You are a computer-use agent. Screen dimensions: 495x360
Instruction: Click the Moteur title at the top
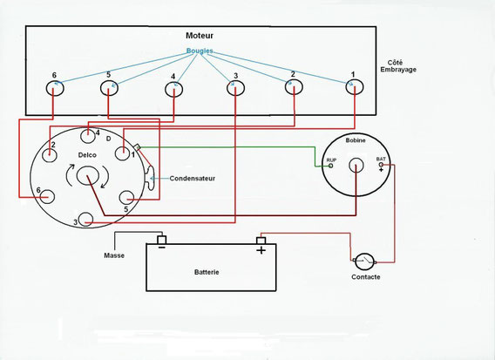(x=200, y=36)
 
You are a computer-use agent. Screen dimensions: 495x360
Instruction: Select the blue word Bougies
(x=200, y=51)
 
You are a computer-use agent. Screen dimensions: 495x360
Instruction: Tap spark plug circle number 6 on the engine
(x=55, y=88)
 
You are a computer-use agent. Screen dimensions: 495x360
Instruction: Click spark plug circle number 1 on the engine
(x=355, y=86)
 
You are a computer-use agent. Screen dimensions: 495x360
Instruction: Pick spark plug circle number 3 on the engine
(x=235, y=88)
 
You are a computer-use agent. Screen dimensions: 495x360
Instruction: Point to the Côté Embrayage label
(x=398, y=66)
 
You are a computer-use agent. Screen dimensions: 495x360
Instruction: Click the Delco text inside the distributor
(x=87, y=155)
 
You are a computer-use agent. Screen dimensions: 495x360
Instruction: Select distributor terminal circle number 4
(x=88, y=136)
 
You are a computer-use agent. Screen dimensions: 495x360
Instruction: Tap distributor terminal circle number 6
(x=47, y=197)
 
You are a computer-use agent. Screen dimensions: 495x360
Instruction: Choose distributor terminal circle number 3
(x=85, y=220)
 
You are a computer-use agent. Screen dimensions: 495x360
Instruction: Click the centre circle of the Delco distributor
(x=88, y=176)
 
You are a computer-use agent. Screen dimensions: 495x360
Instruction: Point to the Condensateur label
(x=193, y=179)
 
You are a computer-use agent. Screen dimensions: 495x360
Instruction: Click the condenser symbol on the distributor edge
(x=150, y=179)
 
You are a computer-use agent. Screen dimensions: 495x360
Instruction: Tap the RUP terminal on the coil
(x=331, y=166)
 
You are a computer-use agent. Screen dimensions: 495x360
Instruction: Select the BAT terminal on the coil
(x=381, y=165)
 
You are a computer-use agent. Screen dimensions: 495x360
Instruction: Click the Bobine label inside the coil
(x=356, y=140)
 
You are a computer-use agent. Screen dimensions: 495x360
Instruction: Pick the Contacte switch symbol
(x=364, y=262)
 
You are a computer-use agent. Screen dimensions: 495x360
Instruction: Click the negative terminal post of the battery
(x=161, y=240)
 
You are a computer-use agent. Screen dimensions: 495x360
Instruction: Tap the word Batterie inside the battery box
(x=207, y=272)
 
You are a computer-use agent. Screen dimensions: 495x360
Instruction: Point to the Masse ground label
(x=114, y=255)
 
